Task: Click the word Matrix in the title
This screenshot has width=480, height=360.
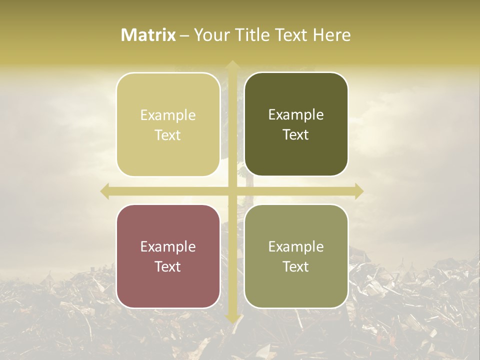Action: [148, 35]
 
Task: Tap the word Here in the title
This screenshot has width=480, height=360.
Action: [332, 35]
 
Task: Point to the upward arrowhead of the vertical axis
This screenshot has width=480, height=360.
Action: [232, 65]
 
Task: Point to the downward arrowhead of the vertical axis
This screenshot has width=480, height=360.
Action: [232, 318]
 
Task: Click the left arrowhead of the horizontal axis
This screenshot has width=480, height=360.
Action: [105, 191]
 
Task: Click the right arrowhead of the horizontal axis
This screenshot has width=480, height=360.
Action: [358, 191]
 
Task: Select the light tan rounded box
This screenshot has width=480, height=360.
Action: [168, 124]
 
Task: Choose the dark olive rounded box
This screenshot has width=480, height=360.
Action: [296, 124]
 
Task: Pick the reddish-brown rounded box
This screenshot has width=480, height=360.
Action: [168, 256]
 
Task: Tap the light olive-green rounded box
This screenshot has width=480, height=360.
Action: [296, 256]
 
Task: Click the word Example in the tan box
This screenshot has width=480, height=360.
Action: [168, 115]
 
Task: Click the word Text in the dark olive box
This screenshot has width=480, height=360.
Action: [296, 135]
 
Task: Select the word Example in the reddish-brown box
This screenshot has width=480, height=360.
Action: [168, 247]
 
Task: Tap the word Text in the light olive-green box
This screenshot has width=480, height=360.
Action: [296, 266]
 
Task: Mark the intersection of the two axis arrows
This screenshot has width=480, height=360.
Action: [232, 191]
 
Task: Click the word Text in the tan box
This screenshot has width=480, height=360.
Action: [168, 135]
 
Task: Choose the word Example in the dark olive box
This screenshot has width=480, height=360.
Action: [296, 115]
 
